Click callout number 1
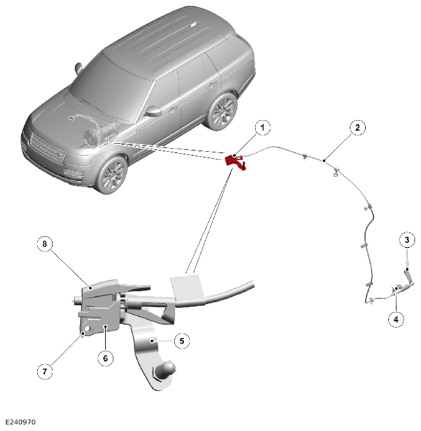click(262, 127)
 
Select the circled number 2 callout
click(358, 127)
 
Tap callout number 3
click(407, 240)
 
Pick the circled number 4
click(396, 319)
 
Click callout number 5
click(182, 341)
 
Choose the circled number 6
click(105, 358)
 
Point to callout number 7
click(45, 372)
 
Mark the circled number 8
click(45, 243)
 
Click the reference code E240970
click(21, 422)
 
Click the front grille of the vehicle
click(49, 148)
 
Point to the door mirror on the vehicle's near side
click(153, 111)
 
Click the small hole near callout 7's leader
click(88, 329)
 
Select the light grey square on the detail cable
click(188, 288)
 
